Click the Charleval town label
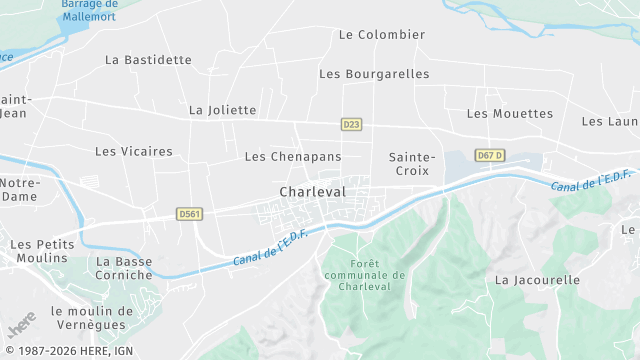point(313,191)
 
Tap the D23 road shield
point(351,125)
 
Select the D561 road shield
point(189,213)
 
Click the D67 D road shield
point(490,156)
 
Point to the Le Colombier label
point(382,34)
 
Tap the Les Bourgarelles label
point(374,74)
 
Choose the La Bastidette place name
point(148,60)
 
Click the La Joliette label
point(223,110)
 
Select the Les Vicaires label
point(134,152)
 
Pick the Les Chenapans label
point(293,157)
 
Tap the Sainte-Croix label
point(412,164)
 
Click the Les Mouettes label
point(510,114)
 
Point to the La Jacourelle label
point(538,280)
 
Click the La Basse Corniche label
point(125,269)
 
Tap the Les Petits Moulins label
point(39,251)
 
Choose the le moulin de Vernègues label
point(83,317)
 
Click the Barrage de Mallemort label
point(89,11)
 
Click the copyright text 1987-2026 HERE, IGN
point(69,351)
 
